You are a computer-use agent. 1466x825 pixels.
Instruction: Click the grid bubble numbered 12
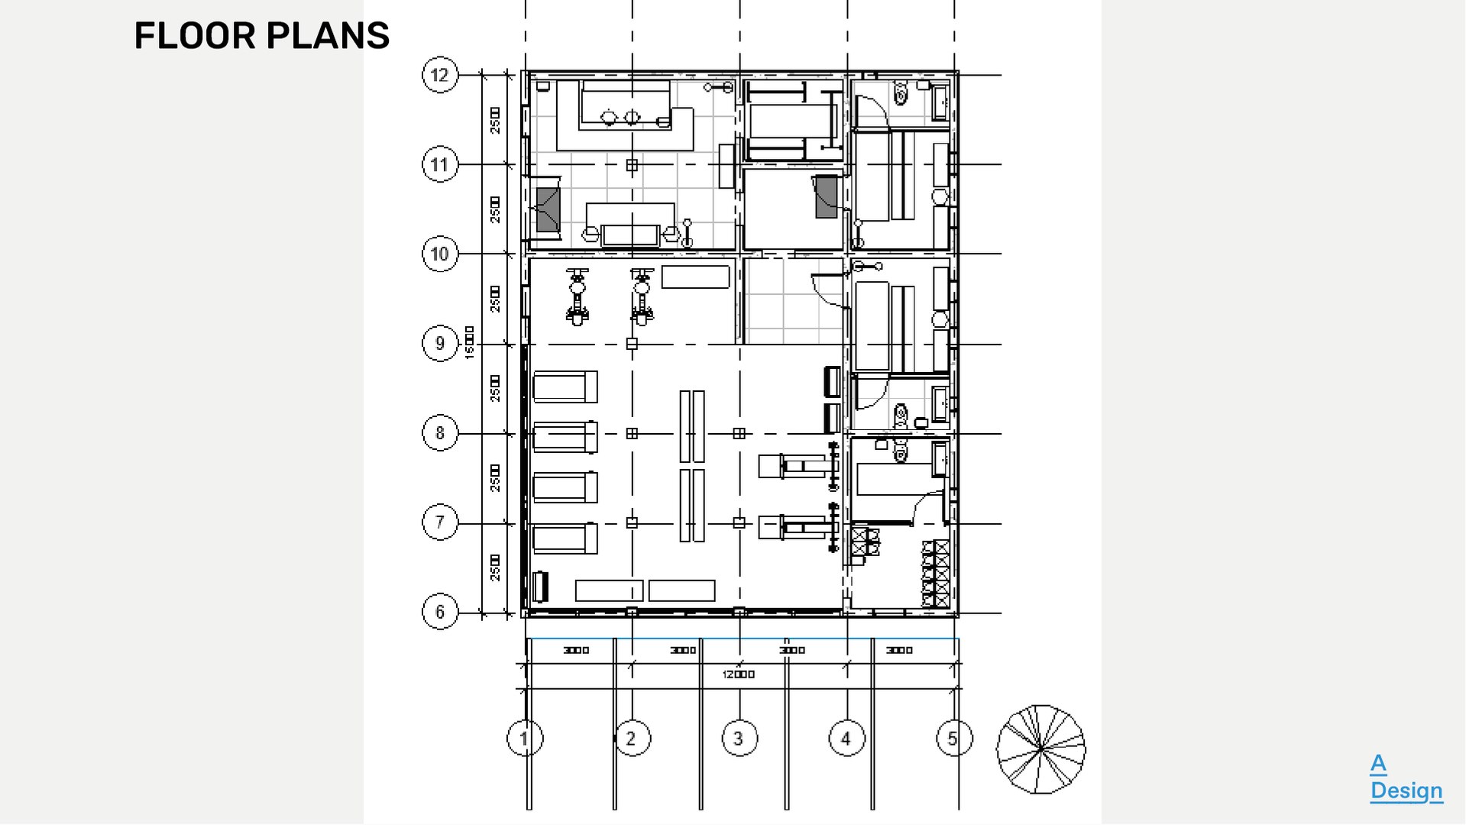[x=439, y=75]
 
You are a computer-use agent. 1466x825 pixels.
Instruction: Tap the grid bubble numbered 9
[x=439, y=343]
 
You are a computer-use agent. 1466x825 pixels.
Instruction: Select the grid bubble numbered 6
[x=439, y=612]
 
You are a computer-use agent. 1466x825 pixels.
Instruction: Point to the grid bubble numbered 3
[x=739, y=739]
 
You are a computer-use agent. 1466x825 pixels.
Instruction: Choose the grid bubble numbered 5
[x=953, y=739]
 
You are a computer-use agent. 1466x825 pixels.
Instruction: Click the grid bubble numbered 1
[x=524, y=739]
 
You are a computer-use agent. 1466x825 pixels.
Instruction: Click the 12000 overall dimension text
[x=738, y=675]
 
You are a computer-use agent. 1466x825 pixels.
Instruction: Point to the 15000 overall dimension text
[x=469, y=343]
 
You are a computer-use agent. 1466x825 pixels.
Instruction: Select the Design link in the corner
[x=1406, y=791]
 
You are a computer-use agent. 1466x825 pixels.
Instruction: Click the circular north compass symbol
[x=1040, y=749]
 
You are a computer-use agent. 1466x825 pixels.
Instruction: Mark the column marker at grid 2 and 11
[x=632, y=165]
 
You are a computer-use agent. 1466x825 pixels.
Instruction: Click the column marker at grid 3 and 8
[x=739, y=433]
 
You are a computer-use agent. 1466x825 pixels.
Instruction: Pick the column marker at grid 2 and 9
[x=632, y=344]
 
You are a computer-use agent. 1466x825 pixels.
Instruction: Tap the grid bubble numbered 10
[x=439, y=254]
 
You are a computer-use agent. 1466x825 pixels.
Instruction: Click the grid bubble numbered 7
[x=439, y=522]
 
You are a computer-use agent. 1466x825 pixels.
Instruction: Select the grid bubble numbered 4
[x=846, y=739]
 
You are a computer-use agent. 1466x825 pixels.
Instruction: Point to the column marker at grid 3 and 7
[x=739, y=522]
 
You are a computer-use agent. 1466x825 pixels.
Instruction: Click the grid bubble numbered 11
[x=439, y=164]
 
